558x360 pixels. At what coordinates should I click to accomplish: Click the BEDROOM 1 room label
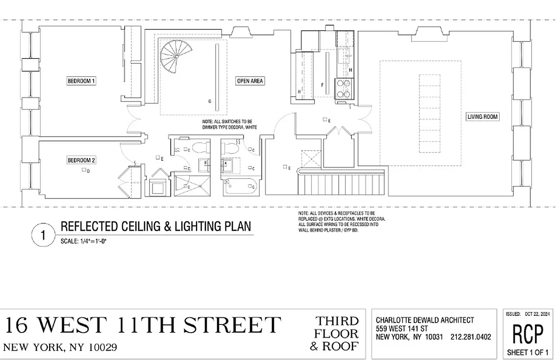coord(82,81)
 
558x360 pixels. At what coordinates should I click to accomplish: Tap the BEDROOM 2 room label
coord(82,160)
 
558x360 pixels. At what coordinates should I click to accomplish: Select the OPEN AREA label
coord(250,81)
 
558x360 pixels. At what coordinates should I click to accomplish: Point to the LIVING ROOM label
coord(483,117)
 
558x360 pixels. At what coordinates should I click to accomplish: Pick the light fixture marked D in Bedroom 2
coord(84,170)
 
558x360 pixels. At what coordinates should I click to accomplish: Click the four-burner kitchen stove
coord(343,88)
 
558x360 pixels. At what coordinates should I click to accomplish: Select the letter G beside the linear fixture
coord(209,102)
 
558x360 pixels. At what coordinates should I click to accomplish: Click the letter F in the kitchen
coord(322,85)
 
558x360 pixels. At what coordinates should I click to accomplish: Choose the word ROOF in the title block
coord(345,346)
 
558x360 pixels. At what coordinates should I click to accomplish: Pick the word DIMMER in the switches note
coord(212,128)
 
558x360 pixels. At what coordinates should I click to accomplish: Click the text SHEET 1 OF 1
coord(528,352)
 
